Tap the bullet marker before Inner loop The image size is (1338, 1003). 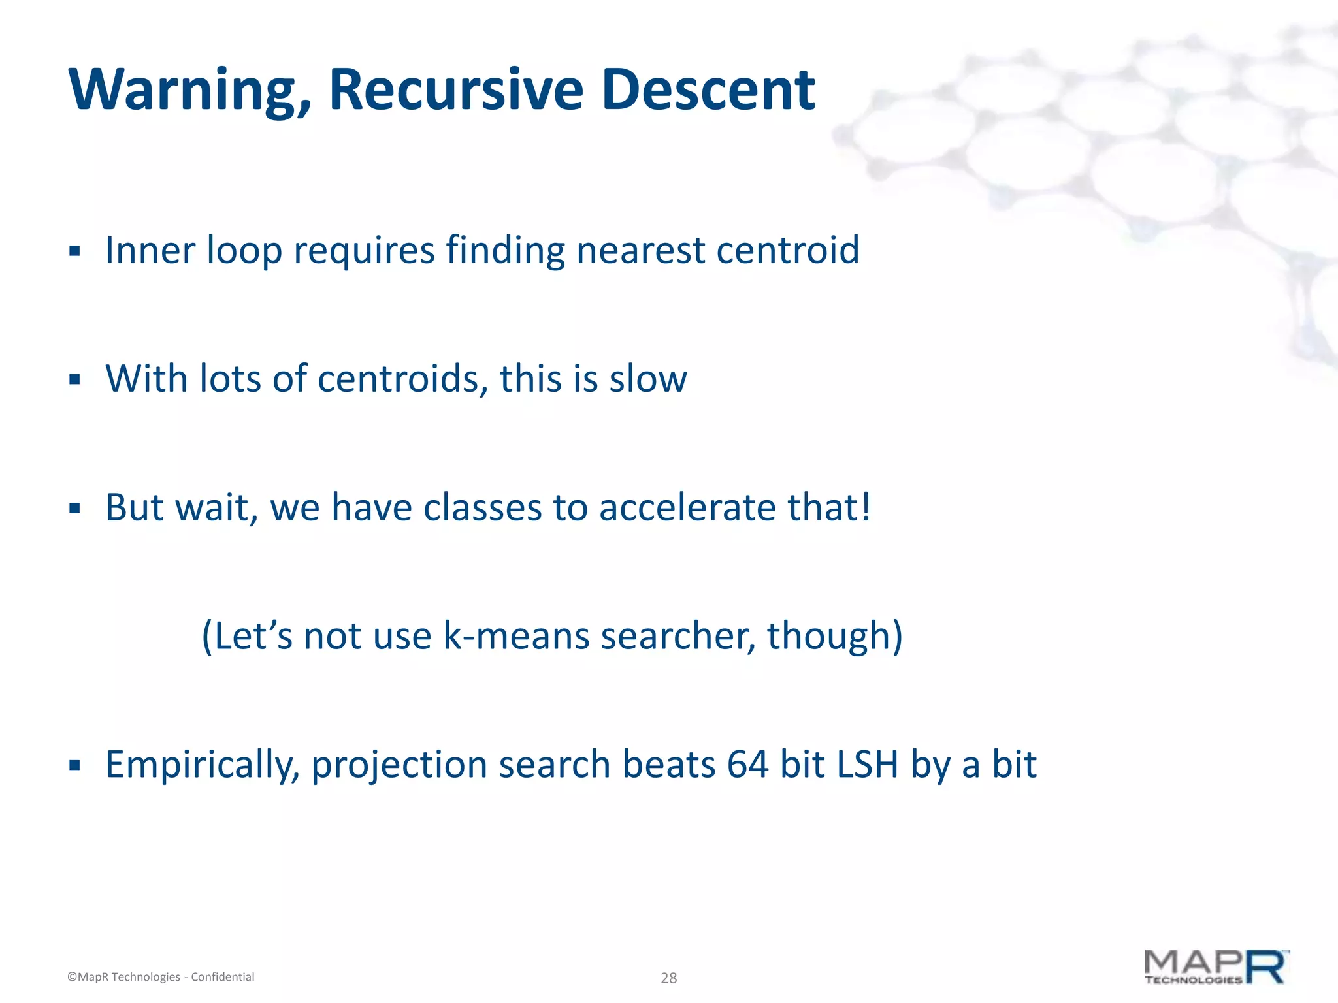(74, 251)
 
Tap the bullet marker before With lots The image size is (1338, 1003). (74, 379)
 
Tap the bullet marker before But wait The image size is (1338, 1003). (74, 507)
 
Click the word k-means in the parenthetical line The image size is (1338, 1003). (515, 635)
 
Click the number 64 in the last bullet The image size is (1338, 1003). (747, 764)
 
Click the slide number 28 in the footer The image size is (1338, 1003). (668, 978)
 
